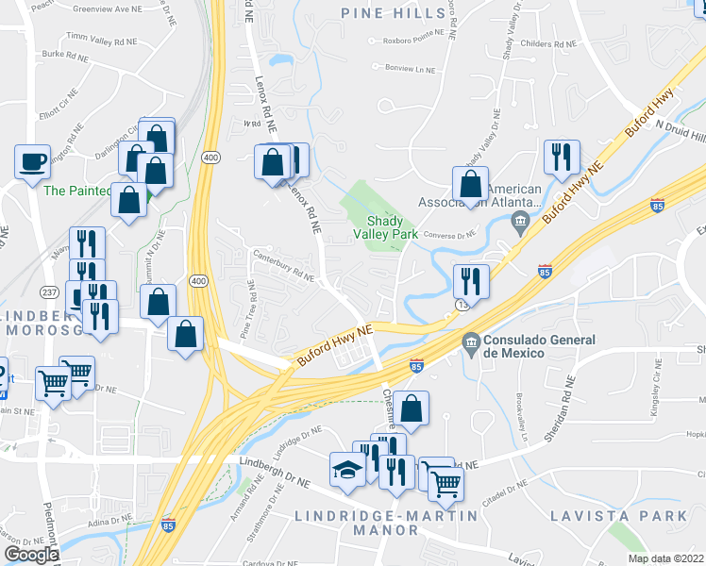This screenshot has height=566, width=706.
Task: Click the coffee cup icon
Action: [33, 161]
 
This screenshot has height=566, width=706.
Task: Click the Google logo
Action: [31, 555]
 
